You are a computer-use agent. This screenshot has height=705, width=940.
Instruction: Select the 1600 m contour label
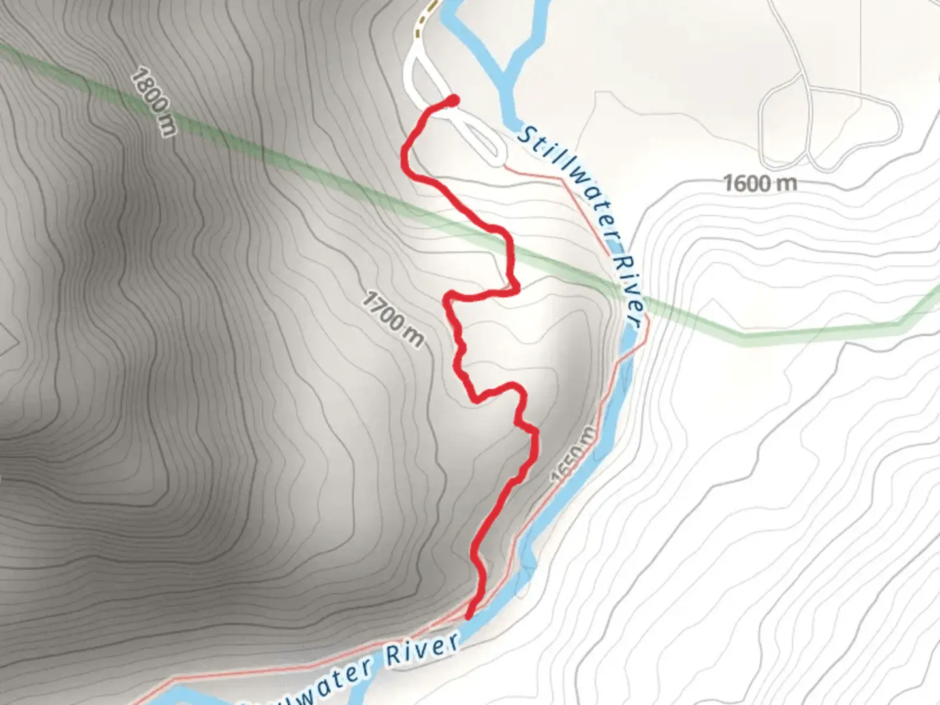[x=760, y=183]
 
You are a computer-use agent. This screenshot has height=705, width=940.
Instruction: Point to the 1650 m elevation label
[x=574, y=454]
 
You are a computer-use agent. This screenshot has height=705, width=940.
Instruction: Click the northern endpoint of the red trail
[x=452, y=100]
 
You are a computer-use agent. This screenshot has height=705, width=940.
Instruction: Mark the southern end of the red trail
[x=469, y=615]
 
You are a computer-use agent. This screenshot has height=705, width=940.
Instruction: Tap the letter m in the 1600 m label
[x=787, y=183]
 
